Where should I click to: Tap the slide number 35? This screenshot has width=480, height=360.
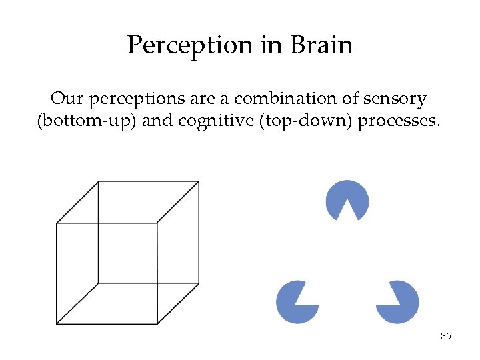click(x=446, y=336)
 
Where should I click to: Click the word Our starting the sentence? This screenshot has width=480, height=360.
click(x=67, y=99)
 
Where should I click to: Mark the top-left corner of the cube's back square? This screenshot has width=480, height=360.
click(x=98, y=182)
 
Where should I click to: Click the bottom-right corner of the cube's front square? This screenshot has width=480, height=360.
click(x=157, y=323)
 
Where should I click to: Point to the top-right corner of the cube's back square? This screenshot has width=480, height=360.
click(x=199, y=182)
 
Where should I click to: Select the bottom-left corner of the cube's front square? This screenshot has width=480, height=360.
click(x=57, y=323)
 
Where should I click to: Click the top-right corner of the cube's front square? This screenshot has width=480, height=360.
click(x=157, y=223)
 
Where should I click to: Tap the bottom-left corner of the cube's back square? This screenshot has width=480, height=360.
click(x=98, y=283)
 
